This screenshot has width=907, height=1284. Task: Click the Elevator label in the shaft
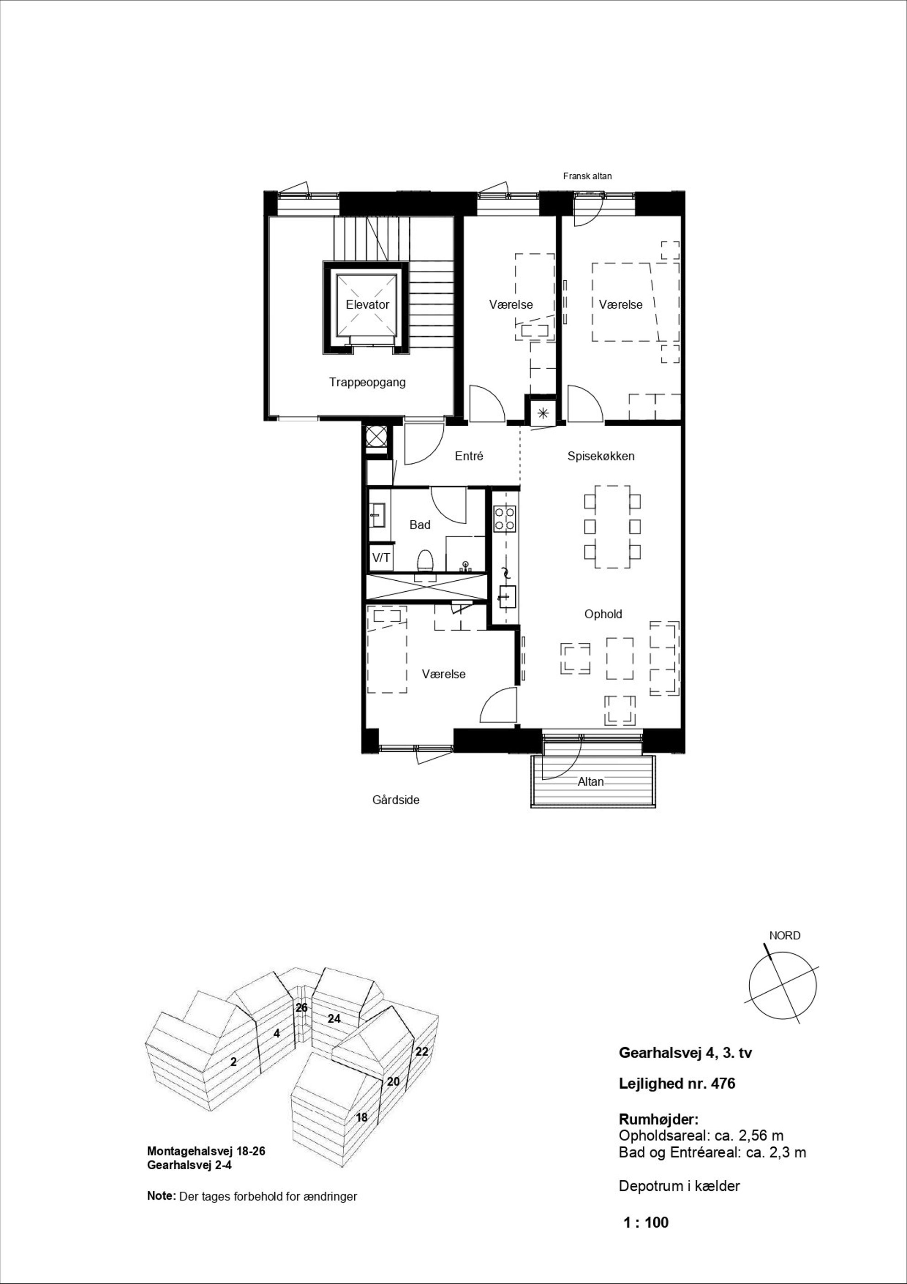click(368, 305)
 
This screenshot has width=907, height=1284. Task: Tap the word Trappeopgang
click(368, 383)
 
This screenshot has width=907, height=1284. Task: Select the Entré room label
click(469, 456)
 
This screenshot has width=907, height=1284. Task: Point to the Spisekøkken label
click(601, 456)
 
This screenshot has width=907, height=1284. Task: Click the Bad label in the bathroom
click(420, 524)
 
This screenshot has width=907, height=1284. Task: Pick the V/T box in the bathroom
click(381, 557)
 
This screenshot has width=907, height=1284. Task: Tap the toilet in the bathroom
click(426, 561)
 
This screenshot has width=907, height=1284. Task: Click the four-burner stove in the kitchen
click(504, 519)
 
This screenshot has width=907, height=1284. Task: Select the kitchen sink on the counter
click(507, 597)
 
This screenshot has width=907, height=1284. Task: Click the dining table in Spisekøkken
click(612, 527)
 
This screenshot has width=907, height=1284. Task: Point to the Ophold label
click(603, 614)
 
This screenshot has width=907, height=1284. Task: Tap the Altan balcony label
click(591, 782)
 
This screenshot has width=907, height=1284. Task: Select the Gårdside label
click(396, 800)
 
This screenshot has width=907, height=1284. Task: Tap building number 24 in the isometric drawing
click(334, 1019)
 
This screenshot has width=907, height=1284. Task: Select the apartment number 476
click(723, 1084)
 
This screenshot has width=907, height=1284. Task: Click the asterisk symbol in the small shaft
click(542, 414)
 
